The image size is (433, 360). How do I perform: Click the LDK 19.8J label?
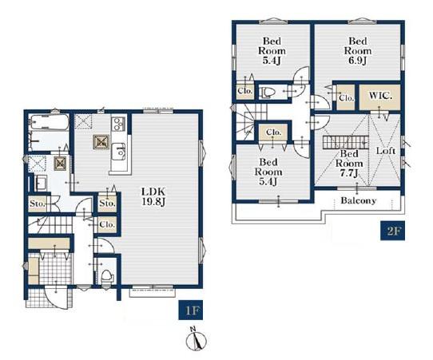click(153, 196)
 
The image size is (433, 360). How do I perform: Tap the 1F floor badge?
click(191, 311)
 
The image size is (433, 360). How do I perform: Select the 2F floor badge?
click(393, 231)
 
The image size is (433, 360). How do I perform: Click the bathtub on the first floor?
click(50, 122)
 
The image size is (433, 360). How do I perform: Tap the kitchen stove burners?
click(118, 125)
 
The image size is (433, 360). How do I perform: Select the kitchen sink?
click(119, 152)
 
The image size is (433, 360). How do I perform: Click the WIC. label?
click(380, 96)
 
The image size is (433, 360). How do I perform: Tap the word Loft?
click(386, 151)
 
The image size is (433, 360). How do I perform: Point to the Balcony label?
click(358, 200)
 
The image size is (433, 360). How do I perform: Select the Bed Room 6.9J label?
click(358, 51)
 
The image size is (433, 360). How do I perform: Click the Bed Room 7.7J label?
click(349, 164)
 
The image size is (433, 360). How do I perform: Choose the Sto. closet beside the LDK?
click(107, 204)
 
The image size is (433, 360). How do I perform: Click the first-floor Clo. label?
click(107, 224)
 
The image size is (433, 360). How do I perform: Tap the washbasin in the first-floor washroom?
click(42, 183)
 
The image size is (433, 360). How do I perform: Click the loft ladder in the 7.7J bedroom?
click(346, 142)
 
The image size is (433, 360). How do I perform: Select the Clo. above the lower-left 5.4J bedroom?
click(274, 133)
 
